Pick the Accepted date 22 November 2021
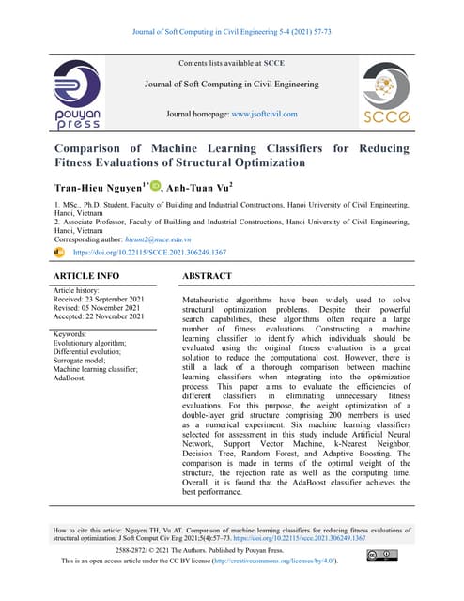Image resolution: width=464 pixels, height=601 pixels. pyautogui.click(x=118, y=317)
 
